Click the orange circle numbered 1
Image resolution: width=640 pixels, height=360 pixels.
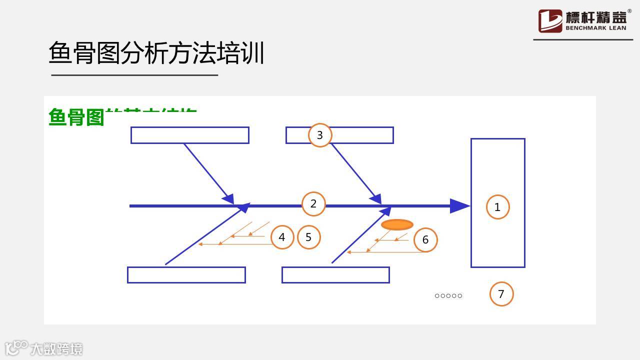pos(497,207)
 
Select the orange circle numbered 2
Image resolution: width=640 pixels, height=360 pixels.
pos(313,204)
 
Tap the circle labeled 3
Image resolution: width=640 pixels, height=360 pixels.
pos(320,135)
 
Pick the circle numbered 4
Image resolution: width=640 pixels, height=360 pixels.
pos(282,237)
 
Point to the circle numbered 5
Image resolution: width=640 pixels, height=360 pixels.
pos(308,237)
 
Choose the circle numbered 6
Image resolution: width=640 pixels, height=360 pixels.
pos(425,239)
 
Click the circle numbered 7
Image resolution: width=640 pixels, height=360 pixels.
pos(501,294)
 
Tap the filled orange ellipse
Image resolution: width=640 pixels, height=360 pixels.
pos(397,225)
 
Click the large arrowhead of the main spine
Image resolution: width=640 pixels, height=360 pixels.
pos(459,206)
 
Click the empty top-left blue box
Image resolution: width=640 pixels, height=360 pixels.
pos(190,135)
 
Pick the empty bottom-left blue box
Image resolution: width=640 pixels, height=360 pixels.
pos(186,275)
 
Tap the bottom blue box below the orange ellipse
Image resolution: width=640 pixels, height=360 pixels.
pos(335,275)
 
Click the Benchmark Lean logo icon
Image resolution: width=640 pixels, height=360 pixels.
pos(550,21)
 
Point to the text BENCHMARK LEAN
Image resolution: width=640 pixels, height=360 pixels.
pos(595,28)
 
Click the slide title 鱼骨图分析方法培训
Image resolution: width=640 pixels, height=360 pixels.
pos(156,53)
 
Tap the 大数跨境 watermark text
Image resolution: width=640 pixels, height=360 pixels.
pos(56,348)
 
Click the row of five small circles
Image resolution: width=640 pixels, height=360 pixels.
pos(448,296)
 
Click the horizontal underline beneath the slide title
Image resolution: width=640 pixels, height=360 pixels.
pos(134,75)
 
